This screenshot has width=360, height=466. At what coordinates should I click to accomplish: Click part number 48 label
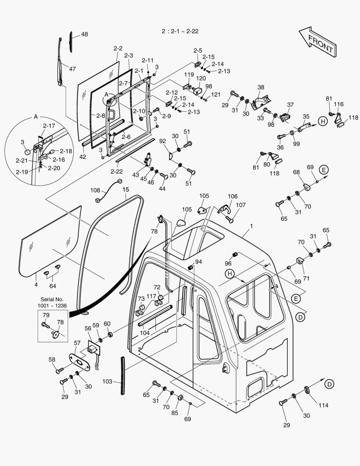(84, 35)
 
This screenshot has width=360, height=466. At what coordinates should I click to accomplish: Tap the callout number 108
(95, 190)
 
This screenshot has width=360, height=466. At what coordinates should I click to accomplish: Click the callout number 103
(107, 381)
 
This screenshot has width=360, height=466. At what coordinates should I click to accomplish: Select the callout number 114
(323, 405)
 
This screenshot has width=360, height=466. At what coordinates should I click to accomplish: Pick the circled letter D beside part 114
(329, 384)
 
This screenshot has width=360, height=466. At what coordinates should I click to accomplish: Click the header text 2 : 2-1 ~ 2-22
(180, 31)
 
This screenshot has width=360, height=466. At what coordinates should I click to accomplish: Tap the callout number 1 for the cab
(251, 226)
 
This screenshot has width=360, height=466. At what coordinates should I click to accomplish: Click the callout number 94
(198, 262)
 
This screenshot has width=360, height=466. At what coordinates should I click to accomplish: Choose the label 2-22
(116, 171)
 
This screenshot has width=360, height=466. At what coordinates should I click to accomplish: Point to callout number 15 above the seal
(125, 189)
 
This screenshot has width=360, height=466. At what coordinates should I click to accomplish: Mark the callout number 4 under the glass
(36, 284)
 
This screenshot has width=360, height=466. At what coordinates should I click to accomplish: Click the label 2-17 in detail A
(49, 126)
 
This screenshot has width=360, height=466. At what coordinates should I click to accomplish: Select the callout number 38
(261, 87)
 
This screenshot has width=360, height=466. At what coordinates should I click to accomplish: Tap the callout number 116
(339, 104)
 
